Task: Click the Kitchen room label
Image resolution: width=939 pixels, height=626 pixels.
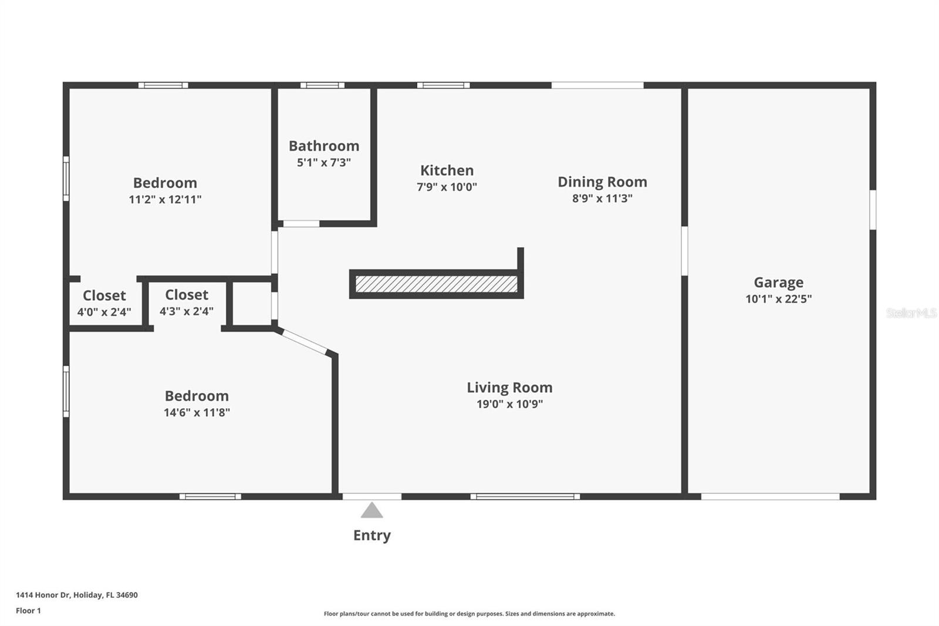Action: click(447, 170)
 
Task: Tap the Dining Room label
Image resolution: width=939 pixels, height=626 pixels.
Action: click(602, 182)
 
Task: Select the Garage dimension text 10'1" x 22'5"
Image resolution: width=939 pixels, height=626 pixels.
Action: click(778, 299)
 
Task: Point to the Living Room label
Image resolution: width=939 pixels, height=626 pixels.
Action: click(510, 388)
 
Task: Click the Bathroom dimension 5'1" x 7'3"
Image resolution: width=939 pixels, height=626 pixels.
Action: click(323, 163)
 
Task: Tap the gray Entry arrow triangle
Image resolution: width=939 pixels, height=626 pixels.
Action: click(372, 510)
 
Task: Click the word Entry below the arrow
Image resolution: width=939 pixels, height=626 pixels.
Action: click(372, 536)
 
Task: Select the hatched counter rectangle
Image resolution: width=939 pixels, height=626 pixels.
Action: click(437, 284)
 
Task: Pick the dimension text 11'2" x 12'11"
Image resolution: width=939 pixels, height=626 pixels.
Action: click(165, 199)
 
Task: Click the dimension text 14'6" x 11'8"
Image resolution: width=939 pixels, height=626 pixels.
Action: click(197, 412)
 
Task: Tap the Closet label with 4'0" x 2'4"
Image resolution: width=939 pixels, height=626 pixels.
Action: click(104, 296)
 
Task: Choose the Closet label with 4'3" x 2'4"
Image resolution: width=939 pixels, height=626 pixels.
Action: click(187, 295)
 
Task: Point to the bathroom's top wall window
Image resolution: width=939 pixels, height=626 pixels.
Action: click(322, 85)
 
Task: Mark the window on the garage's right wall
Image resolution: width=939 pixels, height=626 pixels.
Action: click(873, 210)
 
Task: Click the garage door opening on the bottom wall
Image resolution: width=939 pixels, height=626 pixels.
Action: click(770, 497)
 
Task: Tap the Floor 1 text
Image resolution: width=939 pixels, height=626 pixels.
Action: click(29, 611)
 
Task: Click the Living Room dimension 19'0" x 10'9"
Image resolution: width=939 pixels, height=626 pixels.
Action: click(510, 404)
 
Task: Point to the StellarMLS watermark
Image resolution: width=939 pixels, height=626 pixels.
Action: click(911, 313)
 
